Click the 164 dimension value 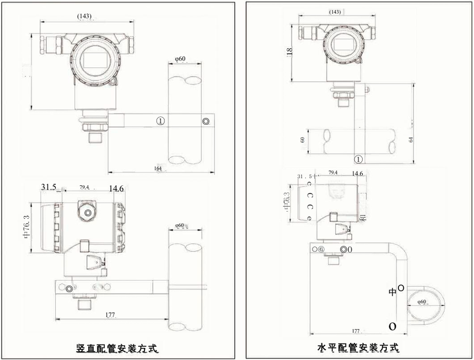158,169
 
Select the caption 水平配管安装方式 358,348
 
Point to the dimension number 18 288,51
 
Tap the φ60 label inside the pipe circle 422,302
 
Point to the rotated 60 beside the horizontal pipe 303,141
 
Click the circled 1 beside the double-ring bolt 160,120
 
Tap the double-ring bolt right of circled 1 206,121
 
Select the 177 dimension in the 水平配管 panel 355,331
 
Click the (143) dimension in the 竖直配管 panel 84,16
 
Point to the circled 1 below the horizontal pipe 358,160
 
